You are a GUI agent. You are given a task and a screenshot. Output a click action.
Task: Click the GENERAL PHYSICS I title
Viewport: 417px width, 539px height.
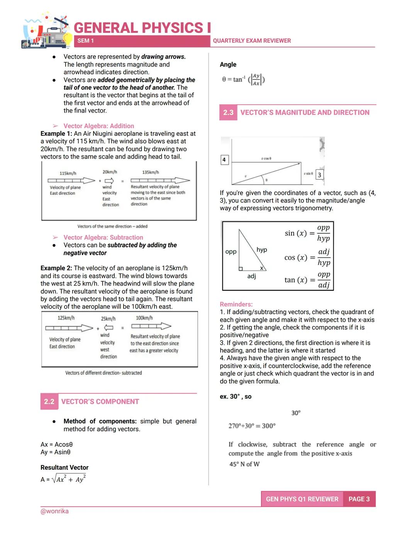click(x=142, y=28)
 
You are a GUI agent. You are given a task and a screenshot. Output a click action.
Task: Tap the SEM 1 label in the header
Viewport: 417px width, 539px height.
click(x=85, y=41)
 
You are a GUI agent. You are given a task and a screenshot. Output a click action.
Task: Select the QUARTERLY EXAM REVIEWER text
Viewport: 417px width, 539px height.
click(x=252, y=41)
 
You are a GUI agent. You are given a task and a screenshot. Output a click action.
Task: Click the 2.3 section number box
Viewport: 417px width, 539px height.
click(x=228, y=113)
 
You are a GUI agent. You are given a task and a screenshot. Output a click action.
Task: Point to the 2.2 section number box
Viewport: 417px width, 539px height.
click(x=49, y=402)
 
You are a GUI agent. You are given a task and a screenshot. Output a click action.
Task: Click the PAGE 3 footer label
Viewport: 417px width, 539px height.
click(x=359, y=499)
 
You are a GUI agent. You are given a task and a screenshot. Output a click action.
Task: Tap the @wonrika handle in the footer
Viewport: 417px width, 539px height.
click(x=54, y=511)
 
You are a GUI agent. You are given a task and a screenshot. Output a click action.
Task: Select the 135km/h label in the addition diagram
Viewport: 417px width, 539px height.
click(x=150, y=172)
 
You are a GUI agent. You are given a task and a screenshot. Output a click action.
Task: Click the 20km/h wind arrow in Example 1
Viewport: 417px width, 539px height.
click(x=109, y=181)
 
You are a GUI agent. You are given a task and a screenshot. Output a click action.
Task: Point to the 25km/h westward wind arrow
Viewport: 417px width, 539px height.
click(x=108, y=328)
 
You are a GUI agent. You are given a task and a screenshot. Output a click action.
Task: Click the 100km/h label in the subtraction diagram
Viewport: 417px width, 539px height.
click(x=144, y=318)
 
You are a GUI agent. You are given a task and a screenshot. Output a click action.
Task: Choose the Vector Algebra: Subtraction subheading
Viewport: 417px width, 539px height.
click(x=103, y=238)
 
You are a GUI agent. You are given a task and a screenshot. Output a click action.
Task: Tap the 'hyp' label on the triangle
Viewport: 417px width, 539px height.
click(x=261, y=250)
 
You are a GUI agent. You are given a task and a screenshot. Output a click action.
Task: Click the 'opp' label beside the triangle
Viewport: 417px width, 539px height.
click(x=231, y=252)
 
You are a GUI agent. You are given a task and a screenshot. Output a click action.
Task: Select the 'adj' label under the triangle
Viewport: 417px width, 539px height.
click(x=251, y=276)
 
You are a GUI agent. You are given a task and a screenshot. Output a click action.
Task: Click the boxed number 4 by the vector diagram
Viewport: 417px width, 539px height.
click(x=224, y=160)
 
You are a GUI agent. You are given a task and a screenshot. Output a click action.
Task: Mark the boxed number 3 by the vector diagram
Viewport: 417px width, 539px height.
click(x=319, y=175)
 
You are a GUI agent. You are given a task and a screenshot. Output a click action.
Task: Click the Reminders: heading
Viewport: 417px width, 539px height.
click(x=236, y=304)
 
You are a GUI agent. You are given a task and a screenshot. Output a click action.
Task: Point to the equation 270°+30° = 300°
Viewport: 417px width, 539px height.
click(x=252, y=426)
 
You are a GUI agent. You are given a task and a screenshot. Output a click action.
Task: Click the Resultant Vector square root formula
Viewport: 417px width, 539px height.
click(x=63, y=479)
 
